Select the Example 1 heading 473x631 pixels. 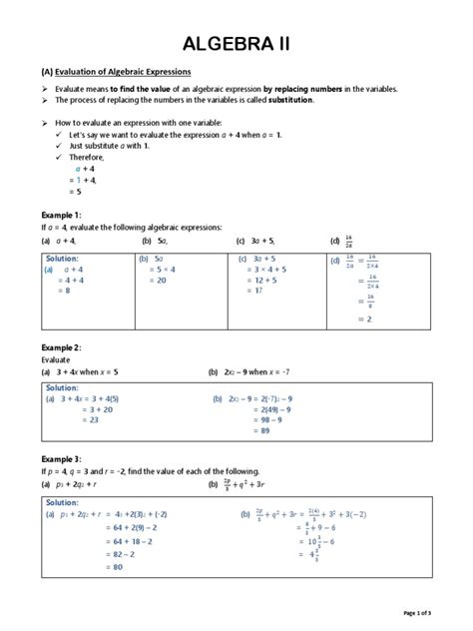(x=61, y=215)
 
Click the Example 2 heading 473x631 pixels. (x=61, y=346)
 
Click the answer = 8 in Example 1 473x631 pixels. (x=62, y=291)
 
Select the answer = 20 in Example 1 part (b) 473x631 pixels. (x=157, y=281)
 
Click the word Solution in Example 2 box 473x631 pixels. (x=62, y=387)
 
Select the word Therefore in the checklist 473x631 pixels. (x=88, y=157)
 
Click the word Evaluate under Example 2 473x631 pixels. (x=57, y=358)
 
